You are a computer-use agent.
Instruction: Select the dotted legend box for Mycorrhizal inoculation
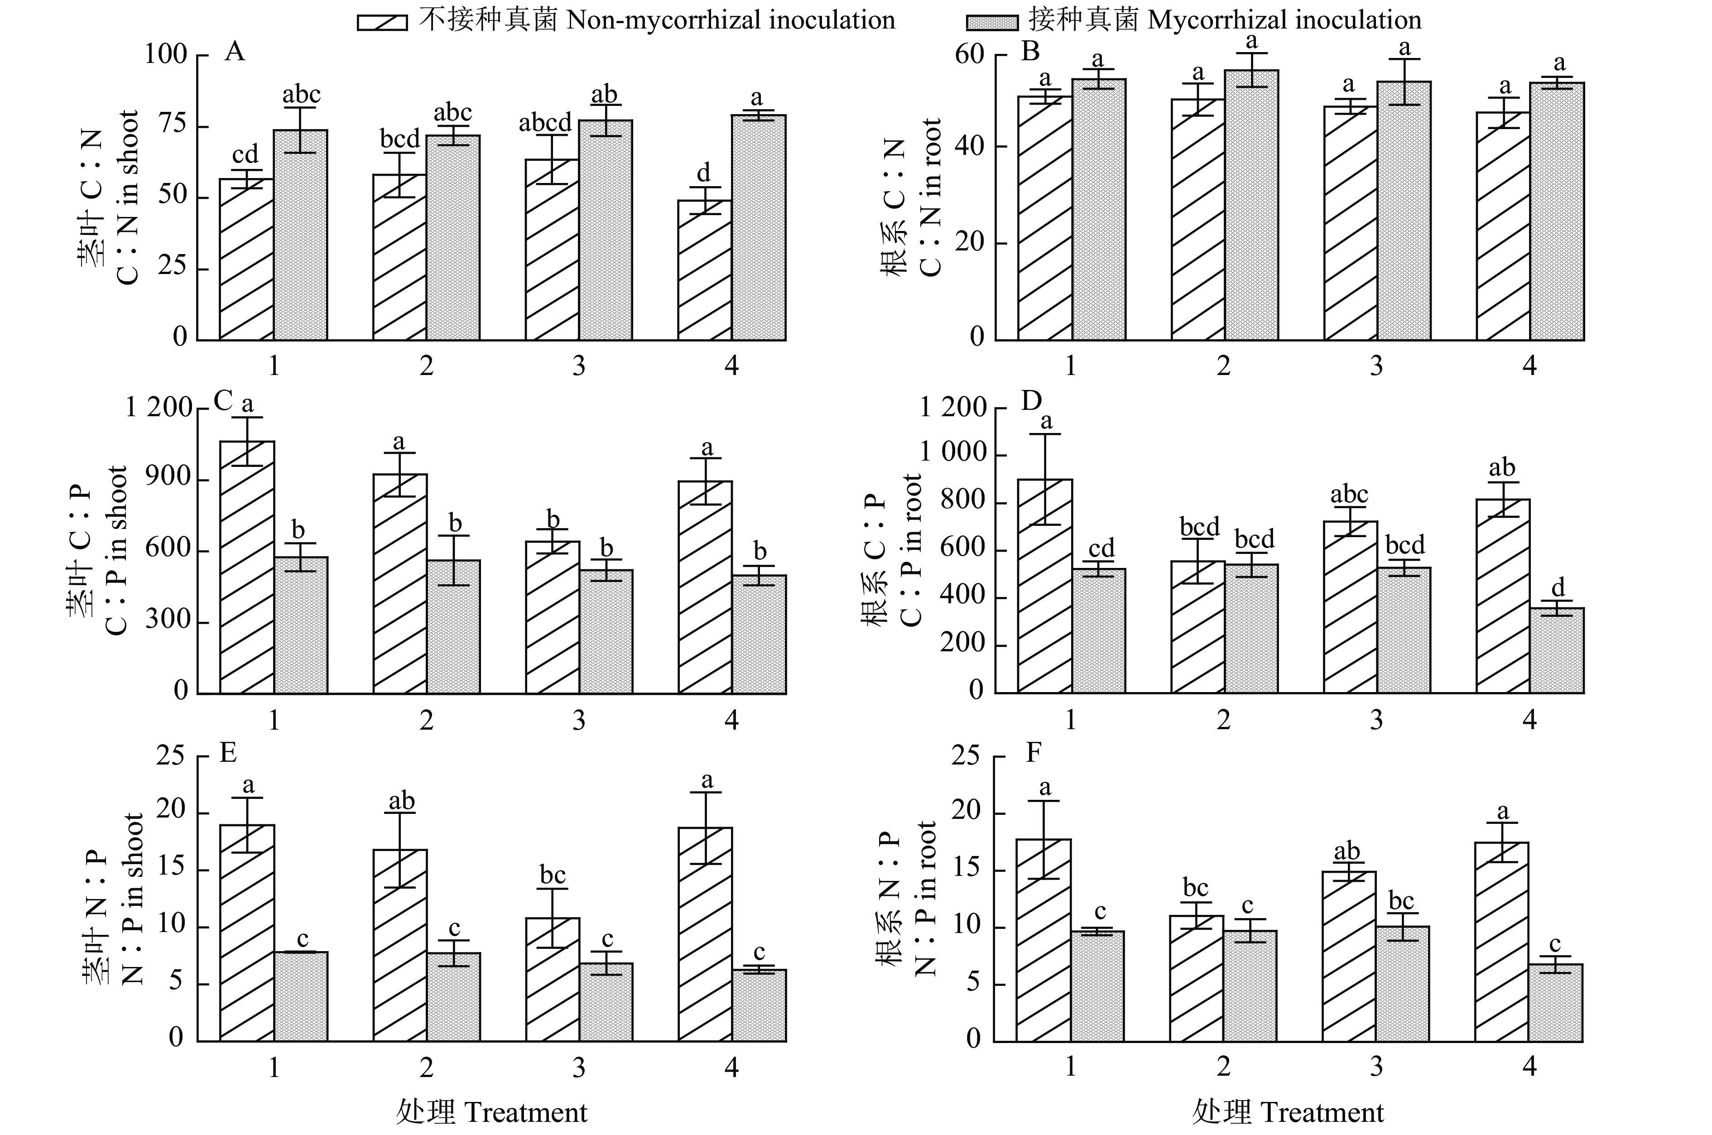point(992,22)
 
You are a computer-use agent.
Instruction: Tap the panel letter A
point(235,52)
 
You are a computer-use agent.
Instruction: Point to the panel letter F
point(1034,754)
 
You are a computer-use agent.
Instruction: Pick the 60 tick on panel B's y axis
point(970,55)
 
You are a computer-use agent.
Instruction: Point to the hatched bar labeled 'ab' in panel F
point(1349,956)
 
